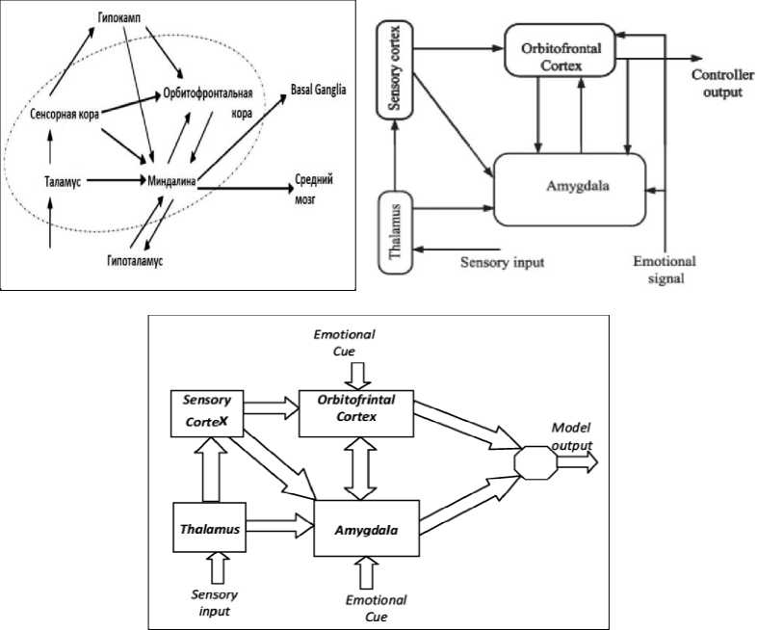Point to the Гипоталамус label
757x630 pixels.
134,260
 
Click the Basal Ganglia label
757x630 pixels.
317,90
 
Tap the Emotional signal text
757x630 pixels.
663,270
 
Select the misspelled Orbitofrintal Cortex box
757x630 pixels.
357,413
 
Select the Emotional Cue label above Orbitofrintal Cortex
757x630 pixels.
344,342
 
